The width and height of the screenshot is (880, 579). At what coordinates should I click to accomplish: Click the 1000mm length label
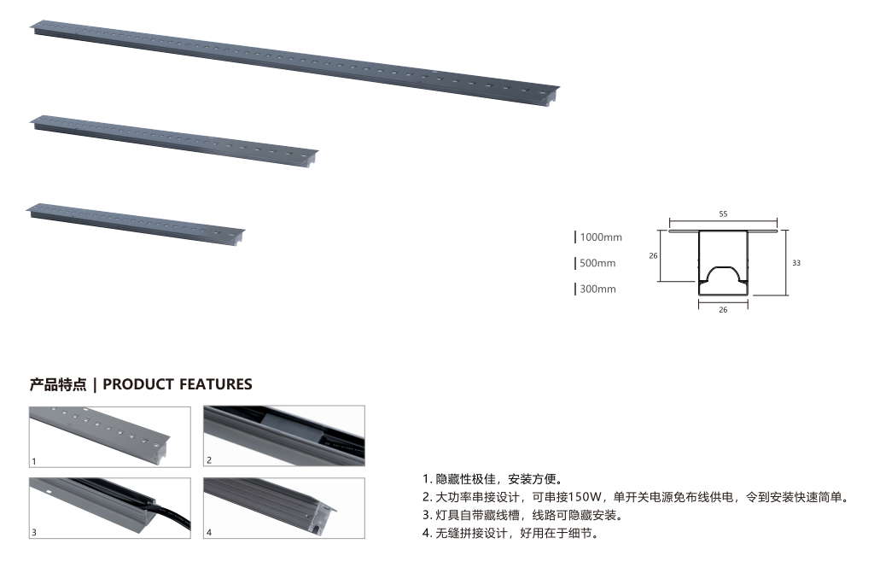click(x=601, y=237)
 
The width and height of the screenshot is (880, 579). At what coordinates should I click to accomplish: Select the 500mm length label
click(x=597, y=263)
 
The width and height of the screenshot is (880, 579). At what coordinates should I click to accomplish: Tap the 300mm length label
click(x=597, y=289)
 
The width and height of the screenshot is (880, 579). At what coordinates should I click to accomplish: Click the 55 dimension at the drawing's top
click(x=723, y=214)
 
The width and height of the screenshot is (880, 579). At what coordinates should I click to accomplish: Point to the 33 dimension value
click(x=796, y=263)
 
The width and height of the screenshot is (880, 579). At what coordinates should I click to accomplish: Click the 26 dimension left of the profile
click(x=652, y=254)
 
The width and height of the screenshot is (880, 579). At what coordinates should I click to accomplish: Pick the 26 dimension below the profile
click(x=723, y=310)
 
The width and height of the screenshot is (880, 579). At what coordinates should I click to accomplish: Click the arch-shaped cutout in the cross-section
click(x=723, y=276)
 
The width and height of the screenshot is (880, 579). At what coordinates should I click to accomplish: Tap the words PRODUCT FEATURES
click(x=178, y=384)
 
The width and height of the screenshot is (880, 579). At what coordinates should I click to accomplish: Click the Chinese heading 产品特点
click(x=58, y=384)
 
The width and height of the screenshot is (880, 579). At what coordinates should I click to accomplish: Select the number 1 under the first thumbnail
click(x=34, y=461)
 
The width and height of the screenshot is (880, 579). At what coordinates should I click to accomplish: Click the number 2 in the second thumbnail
click(x=209, y=460)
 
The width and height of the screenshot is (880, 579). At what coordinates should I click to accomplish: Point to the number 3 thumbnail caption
click(x=34, y=532)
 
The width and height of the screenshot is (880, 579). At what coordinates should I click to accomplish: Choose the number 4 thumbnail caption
click(x=209, y=532)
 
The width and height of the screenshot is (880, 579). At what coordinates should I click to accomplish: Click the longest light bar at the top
click(x=294, y=61)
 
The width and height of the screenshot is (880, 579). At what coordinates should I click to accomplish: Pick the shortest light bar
click(x=137, y=220)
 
